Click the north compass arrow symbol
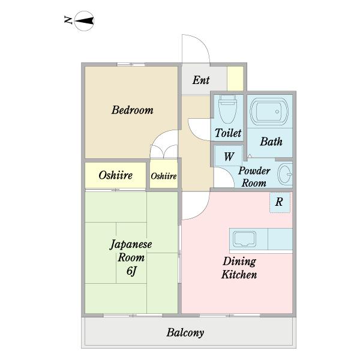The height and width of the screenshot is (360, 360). [x=84, y=21]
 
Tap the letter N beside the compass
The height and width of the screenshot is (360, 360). [x=68, y=20]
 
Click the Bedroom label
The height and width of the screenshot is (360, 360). [x=133, y=110]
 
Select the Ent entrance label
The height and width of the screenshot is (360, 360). [x=201, y=80]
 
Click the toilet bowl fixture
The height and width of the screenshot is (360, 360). [x=227, y=109]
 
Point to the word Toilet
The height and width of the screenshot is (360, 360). [x=228, y=133]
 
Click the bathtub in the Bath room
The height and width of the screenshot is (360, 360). [x=269, y=112]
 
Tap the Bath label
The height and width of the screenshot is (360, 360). [x=271, y=142]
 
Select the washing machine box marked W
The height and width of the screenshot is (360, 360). [x=228, y=156]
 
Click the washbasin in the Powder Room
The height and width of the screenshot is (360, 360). [x=285, y=174]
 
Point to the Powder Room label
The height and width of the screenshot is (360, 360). [x=254, y=177]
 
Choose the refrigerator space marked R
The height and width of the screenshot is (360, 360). [x=280, y=202]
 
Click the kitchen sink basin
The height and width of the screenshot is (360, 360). [x=244, y=239]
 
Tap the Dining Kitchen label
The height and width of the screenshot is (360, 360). [x=239, y=268]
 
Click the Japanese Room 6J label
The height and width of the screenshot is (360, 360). [x=131, y=257]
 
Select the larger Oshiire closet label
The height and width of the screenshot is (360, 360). [x=115, y=175]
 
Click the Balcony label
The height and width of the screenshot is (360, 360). [x=185, y=332]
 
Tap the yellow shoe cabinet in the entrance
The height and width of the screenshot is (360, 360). [x=235, y=79]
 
